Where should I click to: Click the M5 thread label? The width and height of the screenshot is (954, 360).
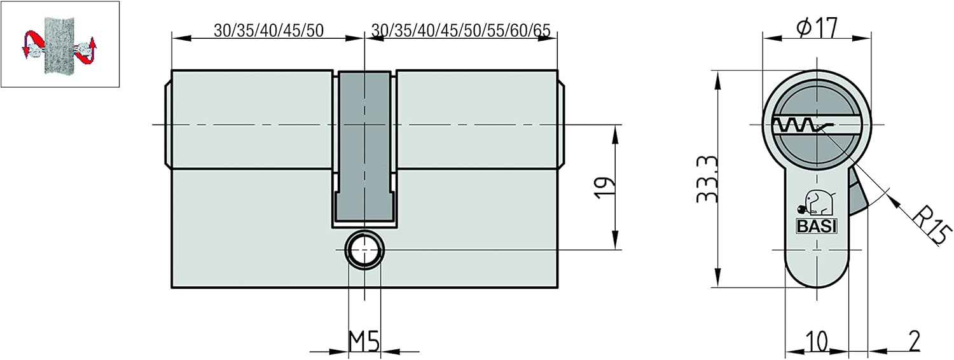click(364, 340)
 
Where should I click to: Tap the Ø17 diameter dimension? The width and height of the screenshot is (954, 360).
click(817, 28)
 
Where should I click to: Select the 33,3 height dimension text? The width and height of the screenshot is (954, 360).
click(707, 179)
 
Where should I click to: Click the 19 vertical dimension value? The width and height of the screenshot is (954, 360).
click(605, 188)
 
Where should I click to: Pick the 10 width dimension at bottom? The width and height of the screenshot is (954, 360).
click(817, 342)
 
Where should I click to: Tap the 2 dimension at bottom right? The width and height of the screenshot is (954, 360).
click(915, 341)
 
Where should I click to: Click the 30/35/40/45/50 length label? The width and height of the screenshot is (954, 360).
click(269, 31)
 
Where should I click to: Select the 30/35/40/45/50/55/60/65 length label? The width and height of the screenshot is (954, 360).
click(461, 31)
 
